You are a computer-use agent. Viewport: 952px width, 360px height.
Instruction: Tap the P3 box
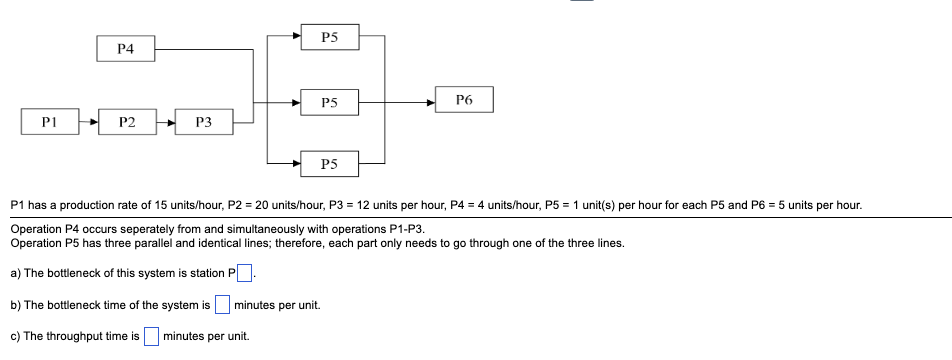(x=203, y=123)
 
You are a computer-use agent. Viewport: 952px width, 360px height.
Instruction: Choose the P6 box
(x=463, y=100)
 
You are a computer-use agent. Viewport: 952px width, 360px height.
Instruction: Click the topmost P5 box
(x=330, y=37)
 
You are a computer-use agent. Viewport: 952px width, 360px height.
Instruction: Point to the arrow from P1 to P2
(x=89, y=123)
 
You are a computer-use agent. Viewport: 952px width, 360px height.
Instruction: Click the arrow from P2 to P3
(x=165, y=123)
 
